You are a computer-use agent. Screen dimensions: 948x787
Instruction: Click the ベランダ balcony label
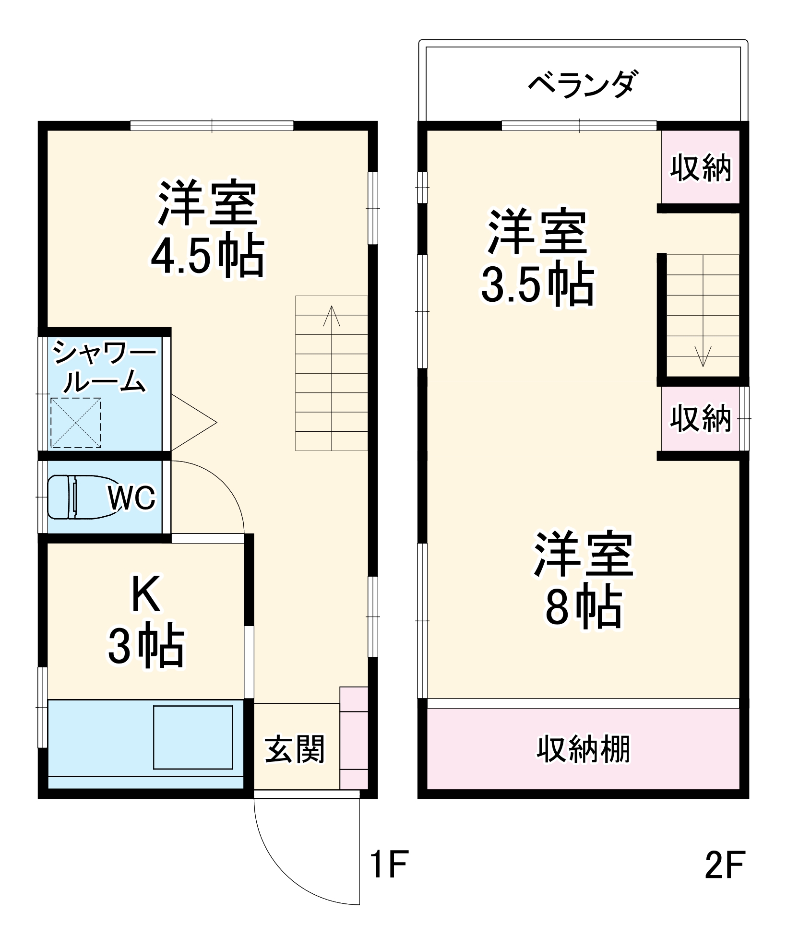(583, 84)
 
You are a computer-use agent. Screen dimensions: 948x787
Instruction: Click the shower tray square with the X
(76, 423)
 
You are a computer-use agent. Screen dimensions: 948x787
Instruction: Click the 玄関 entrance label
(295, 749)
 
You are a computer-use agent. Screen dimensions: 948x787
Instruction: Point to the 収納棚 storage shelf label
(583, 749)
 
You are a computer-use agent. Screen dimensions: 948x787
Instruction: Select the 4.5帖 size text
(207, 255)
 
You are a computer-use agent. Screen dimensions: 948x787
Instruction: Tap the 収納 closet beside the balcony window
(701, 168)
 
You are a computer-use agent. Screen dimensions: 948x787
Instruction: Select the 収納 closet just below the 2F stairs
(701, 418)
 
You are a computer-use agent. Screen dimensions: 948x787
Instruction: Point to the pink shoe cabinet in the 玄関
(354, 737)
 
